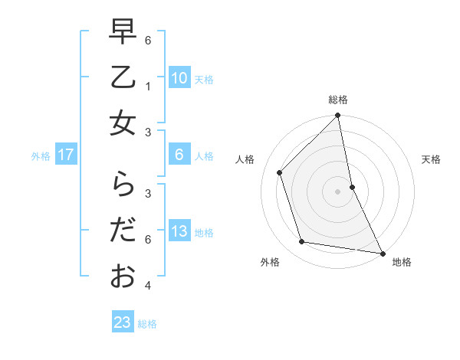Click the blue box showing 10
pyautogui.click(x=179, y=78)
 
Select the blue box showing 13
pyautogui.click(x=179, y=231)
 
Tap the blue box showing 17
pyautogui.click(x=66, y=155)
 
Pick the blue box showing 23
pyautogui.click(x=123, y=322)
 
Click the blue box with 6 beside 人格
pyautogui.click(x=179, y=155)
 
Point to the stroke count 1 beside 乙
pyautogui.click(x=148, y=87)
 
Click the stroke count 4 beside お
pyautogui.click(x=148, y=286)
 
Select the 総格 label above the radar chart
pyautogui.click(x=338, y=100)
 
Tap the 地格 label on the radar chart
pyautogui.click(x=402, y=262)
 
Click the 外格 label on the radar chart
pyautogui.click(x=270, y=262)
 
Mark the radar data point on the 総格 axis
pyautogui.click(x=338, y=116)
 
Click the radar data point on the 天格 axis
pyautogui.click(x=352, y=186)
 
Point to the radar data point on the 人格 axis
pyautogui.click(x=280, y=172)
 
